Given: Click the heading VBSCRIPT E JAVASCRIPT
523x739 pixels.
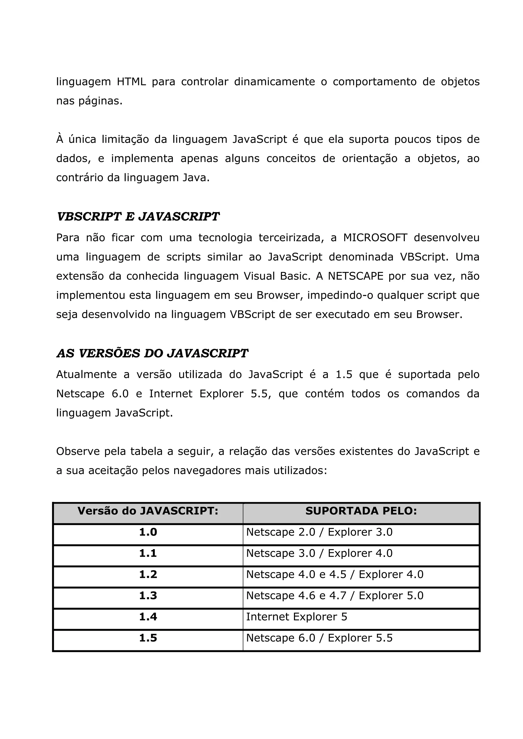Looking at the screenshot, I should click(138, 216).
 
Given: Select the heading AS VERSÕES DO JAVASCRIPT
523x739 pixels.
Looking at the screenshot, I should click(152, 353).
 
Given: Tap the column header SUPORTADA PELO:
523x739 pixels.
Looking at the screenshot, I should click(361, 511).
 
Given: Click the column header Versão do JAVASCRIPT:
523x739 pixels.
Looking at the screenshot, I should click(148, 511).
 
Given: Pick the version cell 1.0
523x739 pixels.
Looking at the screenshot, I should click(148, 532).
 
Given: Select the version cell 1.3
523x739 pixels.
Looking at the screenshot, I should click(148, 595).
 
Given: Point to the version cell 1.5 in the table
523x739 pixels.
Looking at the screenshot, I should click(148, 638).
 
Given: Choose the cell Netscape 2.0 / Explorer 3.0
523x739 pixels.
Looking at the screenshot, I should click(319, 532).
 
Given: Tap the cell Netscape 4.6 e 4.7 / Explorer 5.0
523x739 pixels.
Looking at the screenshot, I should click(335, 595).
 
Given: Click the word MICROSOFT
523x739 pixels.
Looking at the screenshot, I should click(375, 238).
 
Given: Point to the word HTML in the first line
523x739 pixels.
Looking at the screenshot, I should click(131, 82).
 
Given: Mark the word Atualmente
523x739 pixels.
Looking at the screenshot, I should click(86, 374).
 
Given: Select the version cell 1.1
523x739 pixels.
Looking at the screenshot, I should click(148, 553).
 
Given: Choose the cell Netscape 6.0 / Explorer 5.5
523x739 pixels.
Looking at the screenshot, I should click(319, 638).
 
